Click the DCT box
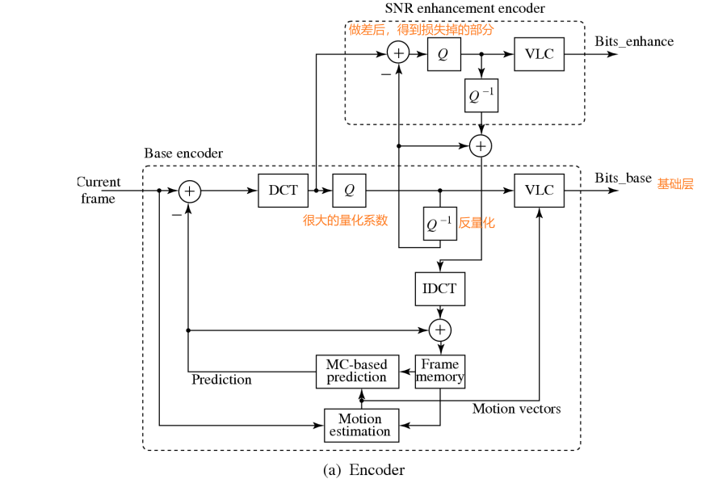pyautogui.click(x=283, y=191)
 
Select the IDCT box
pyautogui.click(x=440, y=288)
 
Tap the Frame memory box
pyautogui.click(x=440, y=372)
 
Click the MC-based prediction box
pyautogui.click(x=356, y=372)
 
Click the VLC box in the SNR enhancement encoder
pyautogui.click(x=539, y=54)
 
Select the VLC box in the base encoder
pyautogui.click(x=539, y=191)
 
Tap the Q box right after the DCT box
pyautogui.click(x=349, y=191)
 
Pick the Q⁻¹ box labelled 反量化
pyautogui.click(x=440, y=224)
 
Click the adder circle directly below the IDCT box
pyautogui.click(x=440, y=330)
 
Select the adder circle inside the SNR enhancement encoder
pyautogui.click(x=397, y=54)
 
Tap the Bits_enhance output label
pyautogui.click(x=634, y=41)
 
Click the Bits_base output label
pyautogui.click(x=623, y=178)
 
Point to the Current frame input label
pyautogui.click(x=99, y=190)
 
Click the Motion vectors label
pyautogui.click(x=516, y=409)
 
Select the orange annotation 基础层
pyautogui.click(x=675, y=184)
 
